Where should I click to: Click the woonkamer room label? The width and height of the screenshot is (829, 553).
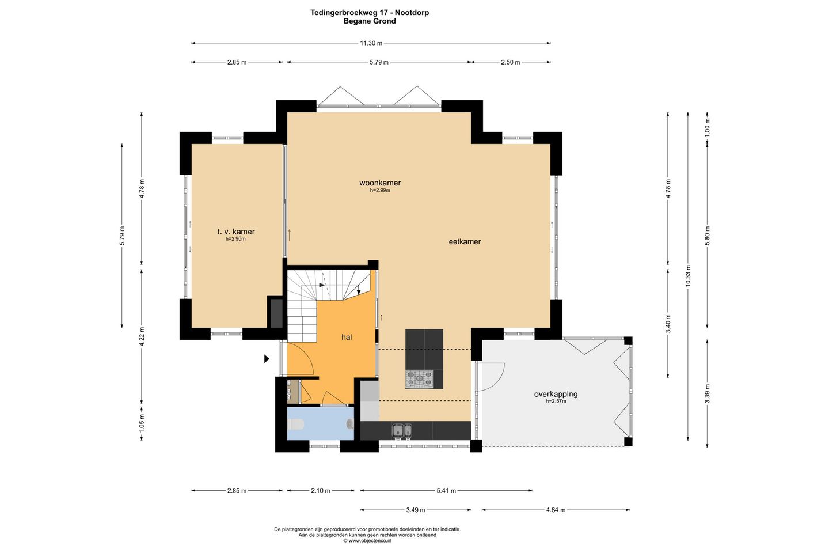pyautogui.click(x=380, y=183)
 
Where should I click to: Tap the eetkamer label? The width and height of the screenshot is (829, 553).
pyautogui.click(x=465, y=242)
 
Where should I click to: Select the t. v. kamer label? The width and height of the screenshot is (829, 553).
pyautogui.click(x=236, y=232)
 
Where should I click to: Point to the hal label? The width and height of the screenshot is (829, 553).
pyautogui.click(x=347, y=338)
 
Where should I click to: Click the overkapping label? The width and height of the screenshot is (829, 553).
pyautogui.click(x=556, y=395)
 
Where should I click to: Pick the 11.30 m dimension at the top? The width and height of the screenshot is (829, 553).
pyautogui.click(x=371, y=43)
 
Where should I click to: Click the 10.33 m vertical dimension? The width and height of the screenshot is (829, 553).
pyautogui.click(x=687, y=276)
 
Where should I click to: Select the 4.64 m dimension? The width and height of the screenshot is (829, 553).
pyautogui.click(x=556, y=510)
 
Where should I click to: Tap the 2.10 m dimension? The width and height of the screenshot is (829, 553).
pyautogui.click(x=321, y=491)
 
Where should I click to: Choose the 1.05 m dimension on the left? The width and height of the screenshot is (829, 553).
pyautogui.click(x=142, y=423)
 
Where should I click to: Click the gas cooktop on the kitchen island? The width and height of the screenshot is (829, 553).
pyautogui.click(x=419, y=379)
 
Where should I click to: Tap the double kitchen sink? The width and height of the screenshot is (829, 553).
pyautogui.click(x=402, y=430)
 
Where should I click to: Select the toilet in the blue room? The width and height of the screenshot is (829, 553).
pyautogui.click(x=296, y=425)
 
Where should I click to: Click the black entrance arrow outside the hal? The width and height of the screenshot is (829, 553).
pyautogui.click(x=267, y=358)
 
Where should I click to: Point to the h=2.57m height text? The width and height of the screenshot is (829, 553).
pyautogui.click(x=556, y=401)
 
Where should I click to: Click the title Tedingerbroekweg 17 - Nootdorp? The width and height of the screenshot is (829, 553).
pyautogui.click(x=370, y=13)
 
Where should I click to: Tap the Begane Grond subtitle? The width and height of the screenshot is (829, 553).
pyautogui.click(x=370, y=21)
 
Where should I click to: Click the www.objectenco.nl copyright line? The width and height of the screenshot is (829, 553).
pyautogui.click(x=367, y=541)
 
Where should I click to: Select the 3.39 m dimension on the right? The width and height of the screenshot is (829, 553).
pyautogui.click(x=707, y=394)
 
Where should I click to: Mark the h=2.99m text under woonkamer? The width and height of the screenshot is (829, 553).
pyautogui.click(x=380, y=191)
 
